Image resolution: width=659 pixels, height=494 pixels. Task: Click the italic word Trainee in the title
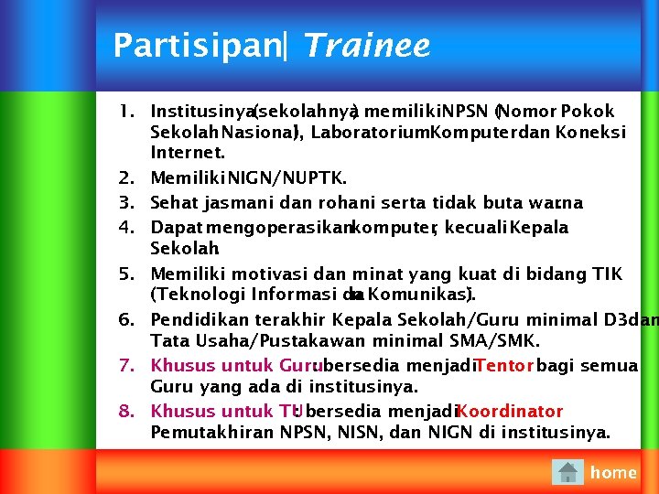click(x=365, y=46)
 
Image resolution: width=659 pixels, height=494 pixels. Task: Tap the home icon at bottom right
click(x=568, y=472)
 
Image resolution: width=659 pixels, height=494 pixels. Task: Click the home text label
click(x=613, y=472)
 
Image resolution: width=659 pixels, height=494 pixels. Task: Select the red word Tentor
click(x=505, y=366)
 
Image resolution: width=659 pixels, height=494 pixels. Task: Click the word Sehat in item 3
click(x=172, y=202)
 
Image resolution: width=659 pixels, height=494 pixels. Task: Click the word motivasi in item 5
click(x=272, y=274)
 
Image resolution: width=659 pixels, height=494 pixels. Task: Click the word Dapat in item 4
click(x=174, y=227)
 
